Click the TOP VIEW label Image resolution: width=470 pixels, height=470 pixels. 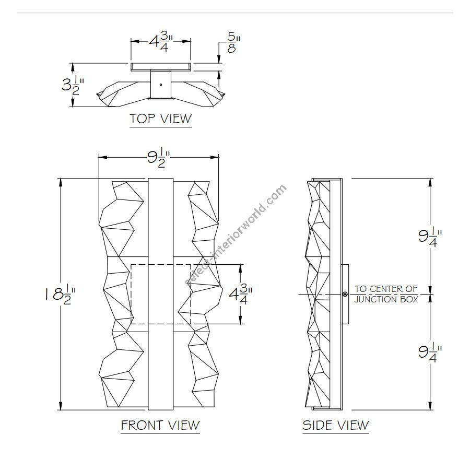(160, 119)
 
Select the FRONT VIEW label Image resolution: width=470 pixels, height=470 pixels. (160, 425)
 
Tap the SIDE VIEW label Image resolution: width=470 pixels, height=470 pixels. (336, 425)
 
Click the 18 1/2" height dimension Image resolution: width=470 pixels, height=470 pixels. (60, 295)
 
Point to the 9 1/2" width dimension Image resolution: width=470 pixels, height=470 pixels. (159, 157)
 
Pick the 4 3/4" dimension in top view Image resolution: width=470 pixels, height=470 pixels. (161, 41)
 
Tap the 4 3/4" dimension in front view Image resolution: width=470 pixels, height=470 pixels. (240, 294)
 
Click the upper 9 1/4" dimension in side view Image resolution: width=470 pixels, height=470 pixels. (430, 236)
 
